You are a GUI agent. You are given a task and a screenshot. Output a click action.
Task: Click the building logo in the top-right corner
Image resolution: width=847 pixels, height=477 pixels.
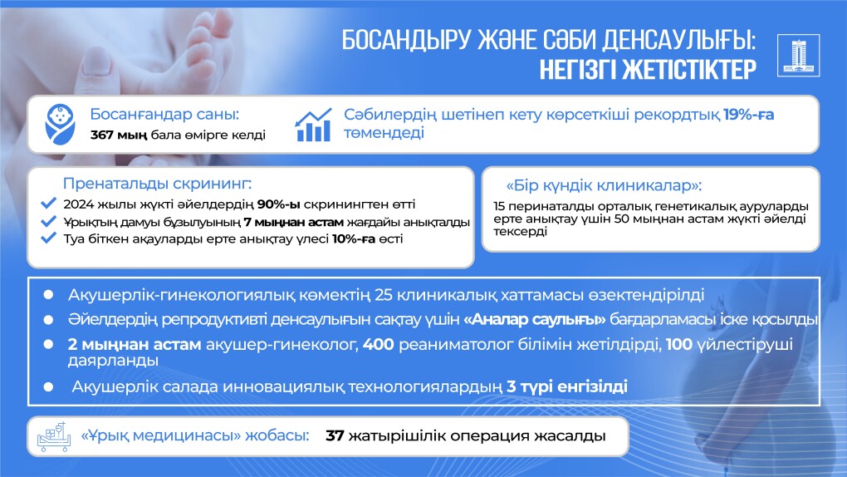(x=798, y=55)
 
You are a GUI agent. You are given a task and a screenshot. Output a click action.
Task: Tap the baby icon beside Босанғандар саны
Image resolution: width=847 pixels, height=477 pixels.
(x=60, y=125)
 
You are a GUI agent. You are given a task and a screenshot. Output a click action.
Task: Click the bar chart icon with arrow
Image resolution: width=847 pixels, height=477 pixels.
(x=313, y=125)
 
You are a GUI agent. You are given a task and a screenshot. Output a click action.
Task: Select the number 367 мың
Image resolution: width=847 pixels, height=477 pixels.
(x=118, y=135)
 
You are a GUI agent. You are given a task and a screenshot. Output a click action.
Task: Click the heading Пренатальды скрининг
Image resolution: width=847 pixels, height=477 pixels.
(x=157, y=184)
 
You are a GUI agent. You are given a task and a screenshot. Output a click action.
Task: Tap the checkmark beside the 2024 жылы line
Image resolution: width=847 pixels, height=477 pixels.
(x=48, y=204)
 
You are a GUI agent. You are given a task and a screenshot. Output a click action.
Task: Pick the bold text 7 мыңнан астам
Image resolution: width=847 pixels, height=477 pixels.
(x=293, y=222)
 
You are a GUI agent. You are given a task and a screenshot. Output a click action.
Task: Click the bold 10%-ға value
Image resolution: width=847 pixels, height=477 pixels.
(x=353, y=239)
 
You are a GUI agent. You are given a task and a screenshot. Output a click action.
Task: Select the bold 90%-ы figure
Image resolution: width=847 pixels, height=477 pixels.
(x=279, y=204)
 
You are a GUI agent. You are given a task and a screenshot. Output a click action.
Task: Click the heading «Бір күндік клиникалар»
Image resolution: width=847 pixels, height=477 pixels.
(x=604, y=185)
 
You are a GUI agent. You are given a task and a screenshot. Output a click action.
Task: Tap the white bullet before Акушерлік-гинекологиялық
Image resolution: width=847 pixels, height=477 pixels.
(x=48, y=295)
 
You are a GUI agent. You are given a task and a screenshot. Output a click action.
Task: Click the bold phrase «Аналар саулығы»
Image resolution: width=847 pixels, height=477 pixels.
(x=534, y=320)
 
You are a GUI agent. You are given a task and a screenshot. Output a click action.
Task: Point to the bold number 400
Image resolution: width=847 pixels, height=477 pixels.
(x=378, y=344)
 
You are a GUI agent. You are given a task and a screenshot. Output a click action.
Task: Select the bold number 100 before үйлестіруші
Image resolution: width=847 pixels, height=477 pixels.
(x=678, y=344)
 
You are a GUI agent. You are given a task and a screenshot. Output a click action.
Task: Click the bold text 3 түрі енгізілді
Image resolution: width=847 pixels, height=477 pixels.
(x=566, y=386)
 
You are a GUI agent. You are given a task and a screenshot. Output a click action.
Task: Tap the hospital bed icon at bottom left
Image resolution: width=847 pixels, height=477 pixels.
(x=53, y=436)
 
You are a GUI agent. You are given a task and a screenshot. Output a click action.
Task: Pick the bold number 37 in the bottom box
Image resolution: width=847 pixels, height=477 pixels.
(x=335, y=436)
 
